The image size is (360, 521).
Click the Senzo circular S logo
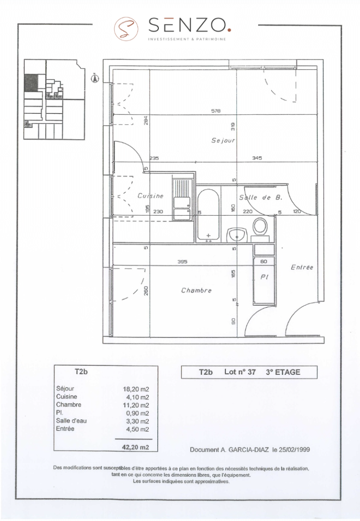(124, 27)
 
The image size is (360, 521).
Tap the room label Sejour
(222, 140)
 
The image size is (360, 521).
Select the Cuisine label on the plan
(150, 196)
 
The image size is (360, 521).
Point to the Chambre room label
(196, 290)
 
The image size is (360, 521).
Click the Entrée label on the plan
(303, 267)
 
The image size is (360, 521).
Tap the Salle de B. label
(261, 197)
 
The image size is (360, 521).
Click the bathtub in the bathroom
(208, 215)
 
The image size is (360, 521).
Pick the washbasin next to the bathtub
(237, 235)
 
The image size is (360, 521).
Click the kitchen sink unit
(182, 199)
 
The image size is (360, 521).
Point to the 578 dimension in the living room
(215, 111)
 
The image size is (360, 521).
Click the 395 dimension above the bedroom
(182, 262)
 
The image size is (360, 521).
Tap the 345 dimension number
(257, 158)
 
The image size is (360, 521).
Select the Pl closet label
(264, 277)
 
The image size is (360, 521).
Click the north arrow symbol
(95, 76)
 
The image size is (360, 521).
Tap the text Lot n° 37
(240, 372)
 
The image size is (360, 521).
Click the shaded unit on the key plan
(31, 82)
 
